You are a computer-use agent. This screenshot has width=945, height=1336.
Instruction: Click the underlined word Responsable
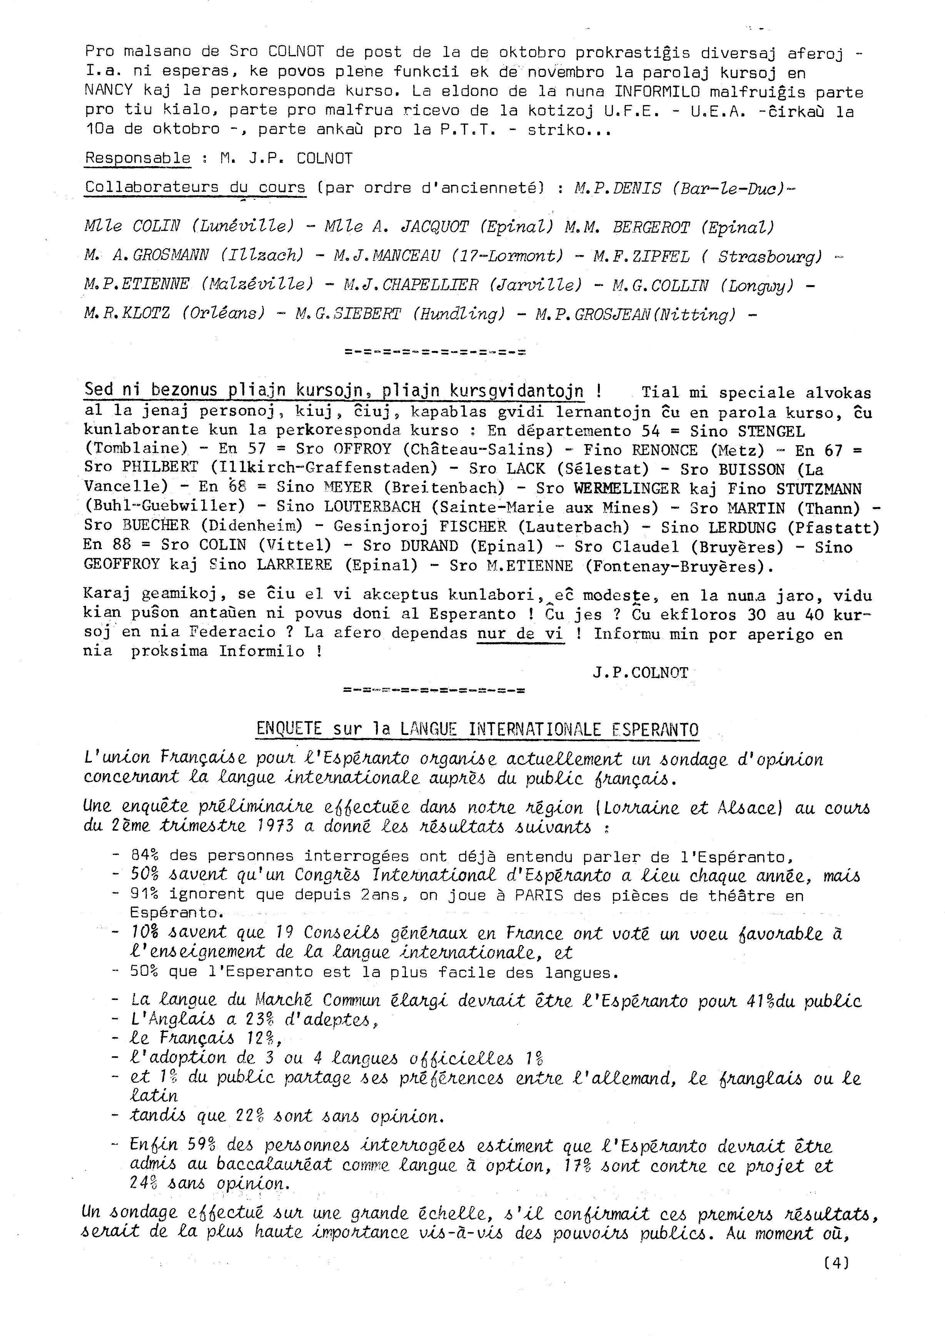pos(138,158)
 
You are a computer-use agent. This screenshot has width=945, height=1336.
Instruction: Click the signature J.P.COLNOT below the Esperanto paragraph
pos(641,673)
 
